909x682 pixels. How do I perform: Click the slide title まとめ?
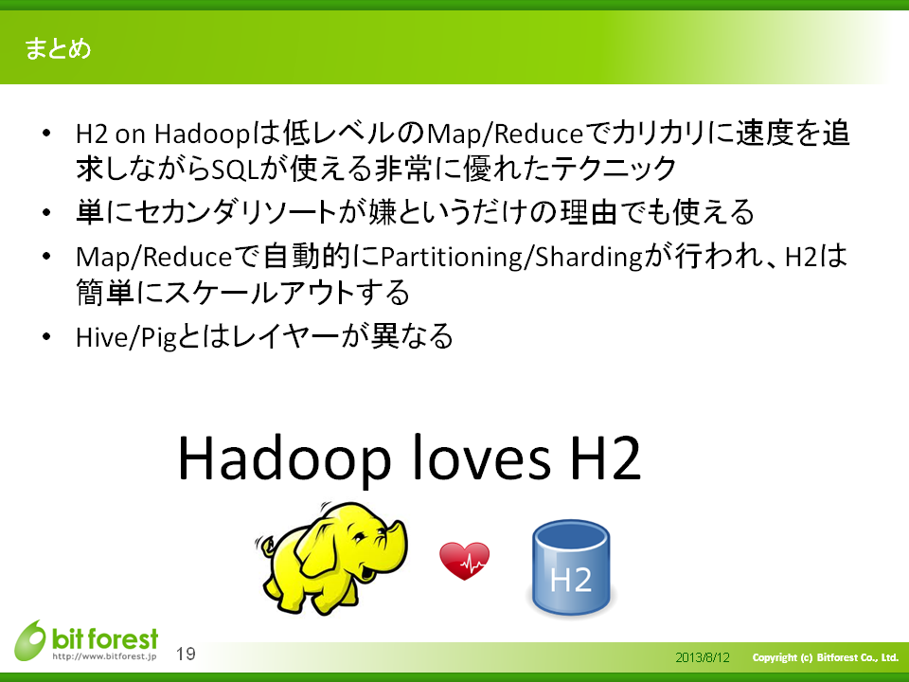click(58, 48)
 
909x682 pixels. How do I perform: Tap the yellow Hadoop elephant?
click(332, 558)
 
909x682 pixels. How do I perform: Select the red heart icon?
click(464, 561)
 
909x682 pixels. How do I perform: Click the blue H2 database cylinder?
click(571, 567)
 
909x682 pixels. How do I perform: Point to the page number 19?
click(187, 655)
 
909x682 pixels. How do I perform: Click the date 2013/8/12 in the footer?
click(702, 657)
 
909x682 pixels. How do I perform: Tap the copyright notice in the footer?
click(825, 657)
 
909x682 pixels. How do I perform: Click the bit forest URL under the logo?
click(104, 656)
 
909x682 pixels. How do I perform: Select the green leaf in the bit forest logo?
click(30, 640)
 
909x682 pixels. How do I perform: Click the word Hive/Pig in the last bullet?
click(126, 337)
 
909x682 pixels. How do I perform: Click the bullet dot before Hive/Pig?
click(46, 337)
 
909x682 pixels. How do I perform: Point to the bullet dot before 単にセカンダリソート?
click(46, 212)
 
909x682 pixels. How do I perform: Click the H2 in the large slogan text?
click(606, 458)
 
